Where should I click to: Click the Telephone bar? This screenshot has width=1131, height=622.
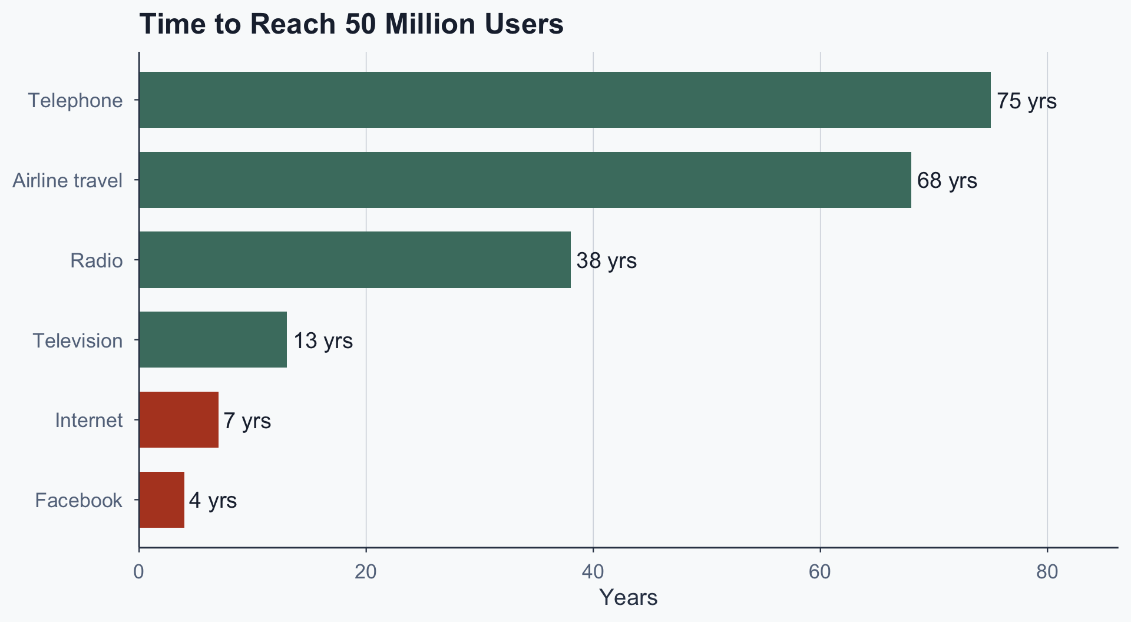[564, 100]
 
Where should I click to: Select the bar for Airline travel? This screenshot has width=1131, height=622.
[525, 180]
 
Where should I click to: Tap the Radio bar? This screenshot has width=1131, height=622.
[355, 260]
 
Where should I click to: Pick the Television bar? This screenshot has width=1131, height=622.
[213, 340]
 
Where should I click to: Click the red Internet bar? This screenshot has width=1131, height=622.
[178, 420]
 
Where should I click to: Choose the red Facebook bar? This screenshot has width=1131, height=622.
[161, 500]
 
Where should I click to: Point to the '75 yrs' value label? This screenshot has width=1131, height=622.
[1027, 101]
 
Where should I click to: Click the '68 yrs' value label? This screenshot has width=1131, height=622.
[947, 180]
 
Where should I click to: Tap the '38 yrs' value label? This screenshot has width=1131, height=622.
[607, 260]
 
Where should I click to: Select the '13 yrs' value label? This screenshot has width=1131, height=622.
[323, 340]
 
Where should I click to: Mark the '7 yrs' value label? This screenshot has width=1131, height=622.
[247, 421]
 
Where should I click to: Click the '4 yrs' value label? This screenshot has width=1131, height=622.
[213, 501]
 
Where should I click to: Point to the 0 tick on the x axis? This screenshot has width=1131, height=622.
[139, 572]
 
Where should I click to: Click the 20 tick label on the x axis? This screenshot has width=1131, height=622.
[366, 572]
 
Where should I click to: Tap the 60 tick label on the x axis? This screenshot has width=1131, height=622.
[820, 572]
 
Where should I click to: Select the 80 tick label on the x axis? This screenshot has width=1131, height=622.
[1047, 572]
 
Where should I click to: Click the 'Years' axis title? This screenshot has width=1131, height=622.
[628, 597]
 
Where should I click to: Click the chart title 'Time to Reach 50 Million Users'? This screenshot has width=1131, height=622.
[351, 25]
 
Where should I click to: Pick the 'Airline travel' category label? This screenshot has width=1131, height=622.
[68, 180]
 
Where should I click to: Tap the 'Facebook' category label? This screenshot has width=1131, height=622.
[78, 501]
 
